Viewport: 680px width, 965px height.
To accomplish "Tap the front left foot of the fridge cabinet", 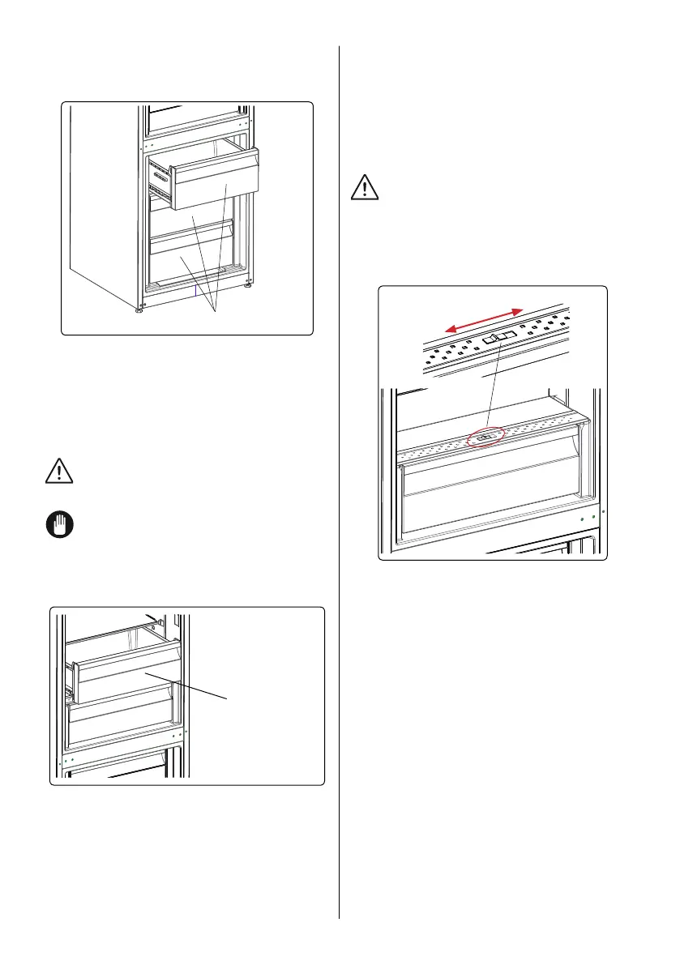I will click(139, 310).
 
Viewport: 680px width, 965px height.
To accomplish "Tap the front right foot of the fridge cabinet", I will click(246, 285).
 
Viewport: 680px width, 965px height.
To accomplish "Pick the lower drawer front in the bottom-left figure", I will click(122, 717).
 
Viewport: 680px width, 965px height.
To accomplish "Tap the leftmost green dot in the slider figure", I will click(583, 518).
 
